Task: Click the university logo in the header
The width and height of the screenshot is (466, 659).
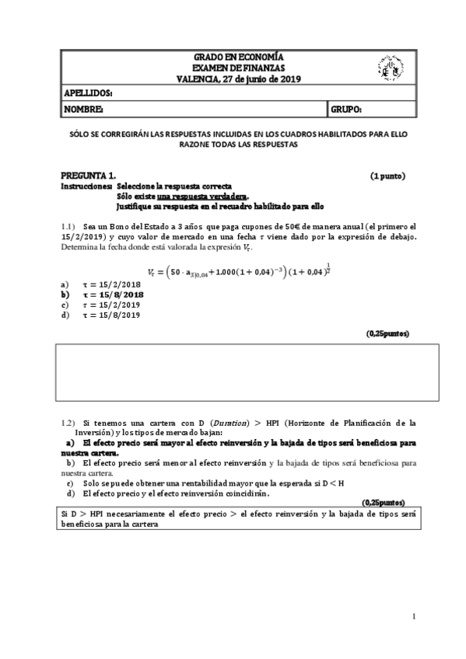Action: click(x=389, y=68)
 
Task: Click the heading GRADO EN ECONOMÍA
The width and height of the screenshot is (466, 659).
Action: click(x=238, y=58)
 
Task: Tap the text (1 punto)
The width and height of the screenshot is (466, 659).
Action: click(x=387, y=176)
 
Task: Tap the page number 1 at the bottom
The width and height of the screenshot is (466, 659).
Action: click(x=415, y=616)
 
